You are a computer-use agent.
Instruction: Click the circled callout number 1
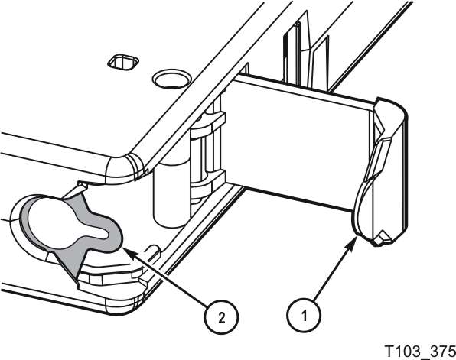[x=304, y=316]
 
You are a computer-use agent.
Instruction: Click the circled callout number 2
[x=221, y=318]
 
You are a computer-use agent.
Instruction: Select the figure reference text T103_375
[x=419, y=351]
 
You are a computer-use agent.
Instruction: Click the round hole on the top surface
[x=171, y=79]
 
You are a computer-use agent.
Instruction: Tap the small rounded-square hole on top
[x=123, y=62]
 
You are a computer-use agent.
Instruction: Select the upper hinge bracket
[x=208, y=125]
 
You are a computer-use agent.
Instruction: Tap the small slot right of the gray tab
[x=153, y=249]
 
